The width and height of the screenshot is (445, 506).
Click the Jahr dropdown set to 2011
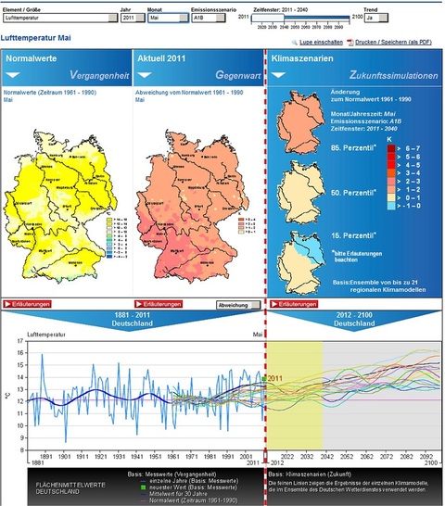(133, 18)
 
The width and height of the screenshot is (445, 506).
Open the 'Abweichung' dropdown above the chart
(238, 303)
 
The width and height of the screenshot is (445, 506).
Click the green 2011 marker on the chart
(263, 378)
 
